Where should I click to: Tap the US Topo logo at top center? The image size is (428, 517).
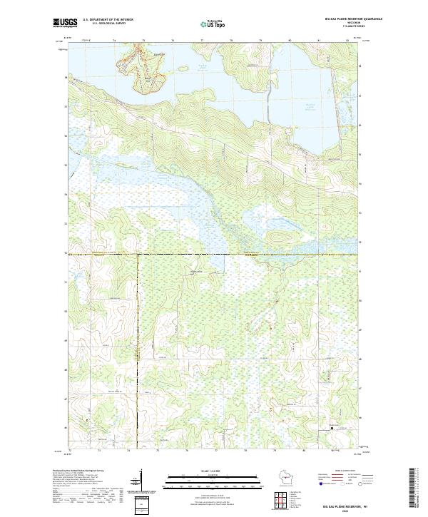214,24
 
